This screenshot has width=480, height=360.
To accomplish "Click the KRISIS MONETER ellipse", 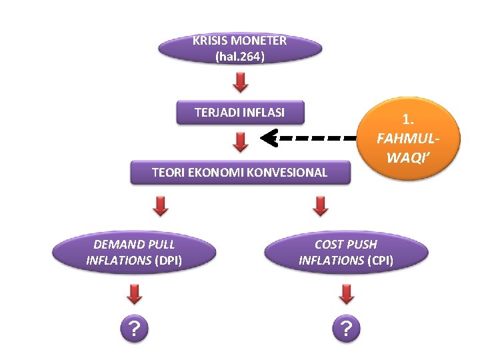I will pos(240,48).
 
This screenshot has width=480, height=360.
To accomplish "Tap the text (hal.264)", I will pos(240,57).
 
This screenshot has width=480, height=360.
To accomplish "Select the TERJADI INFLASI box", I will pos(239,112).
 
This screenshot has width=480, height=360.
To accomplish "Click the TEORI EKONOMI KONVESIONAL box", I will pos(239,173).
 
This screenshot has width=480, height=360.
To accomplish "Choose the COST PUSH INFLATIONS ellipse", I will pos(345,253).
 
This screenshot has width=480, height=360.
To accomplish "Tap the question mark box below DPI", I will pos(135,328).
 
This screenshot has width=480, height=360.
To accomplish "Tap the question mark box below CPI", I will pos(346,328).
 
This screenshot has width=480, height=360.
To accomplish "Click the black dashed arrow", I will pos(307,139).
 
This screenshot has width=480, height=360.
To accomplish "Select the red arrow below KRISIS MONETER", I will pos(241,83).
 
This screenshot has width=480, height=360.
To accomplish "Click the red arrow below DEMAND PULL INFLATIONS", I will pos(135,293).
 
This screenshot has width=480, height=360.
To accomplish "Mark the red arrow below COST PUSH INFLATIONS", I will pos(346,293).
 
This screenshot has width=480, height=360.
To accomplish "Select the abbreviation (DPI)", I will pos(168,261).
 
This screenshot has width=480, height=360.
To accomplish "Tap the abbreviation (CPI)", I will pos(380,261).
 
